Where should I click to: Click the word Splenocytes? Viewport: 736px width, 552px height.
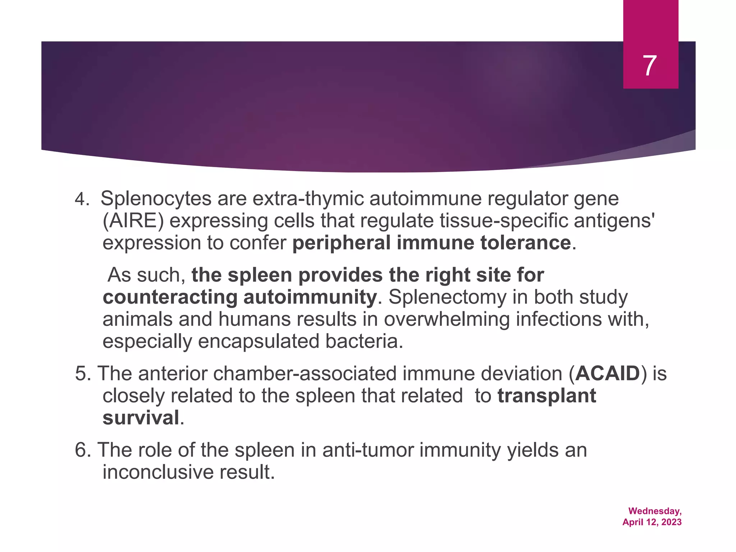tap(156, 199)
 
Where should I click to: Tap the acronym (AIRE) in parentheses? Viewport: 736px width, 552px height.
tap(133, 221)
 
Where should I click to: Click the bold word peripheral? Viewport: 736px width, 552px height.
tap(341, 243)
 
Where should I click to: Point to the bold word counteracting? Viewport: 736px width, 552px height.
tap(170, 298)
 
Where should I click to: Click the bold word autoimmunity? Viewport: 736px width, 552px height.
tap(310, 298)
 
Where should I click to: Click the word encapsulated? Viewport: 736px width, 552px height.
tap(258, 341)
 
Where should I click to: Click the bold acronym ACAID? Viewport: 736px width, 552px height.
tap(608, 374)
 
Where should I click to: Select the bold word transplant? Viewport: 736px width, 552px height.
tap(547, 396)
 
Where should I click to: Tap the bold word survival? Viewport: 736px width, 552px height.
tap(141, 418)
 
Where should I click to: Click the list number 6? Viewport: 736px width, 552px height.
tap(82, 450)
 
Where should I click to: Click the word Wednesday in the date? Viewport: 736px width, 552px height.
tap(654, 511)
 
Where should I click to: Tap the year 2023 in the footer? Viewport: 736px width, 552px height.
tap(671, 522)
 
